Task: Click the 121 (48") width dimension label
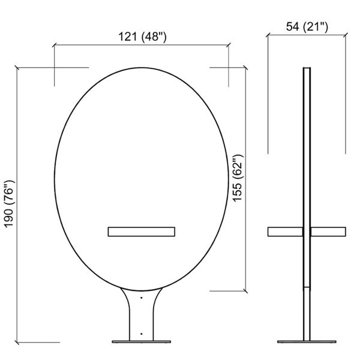click(x=142, y=37)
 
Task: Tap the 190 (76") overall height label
click(x=10, y=204)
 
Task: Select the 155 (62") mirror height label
click(x=238, y=178)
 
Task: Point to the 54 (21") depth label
click(x=307, y=26)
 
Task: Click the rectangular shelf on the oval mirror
click(x=142, y=232)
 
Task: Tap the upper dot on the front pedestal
click(x=142, y=298)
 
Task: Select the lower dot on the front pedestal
click(x=142, y=334)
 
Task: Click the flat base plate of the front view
click(x=142, y=342)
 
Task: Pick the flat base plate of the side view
click(x=307, y=342)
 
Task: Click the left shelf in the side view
click(x=285, y=232)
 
